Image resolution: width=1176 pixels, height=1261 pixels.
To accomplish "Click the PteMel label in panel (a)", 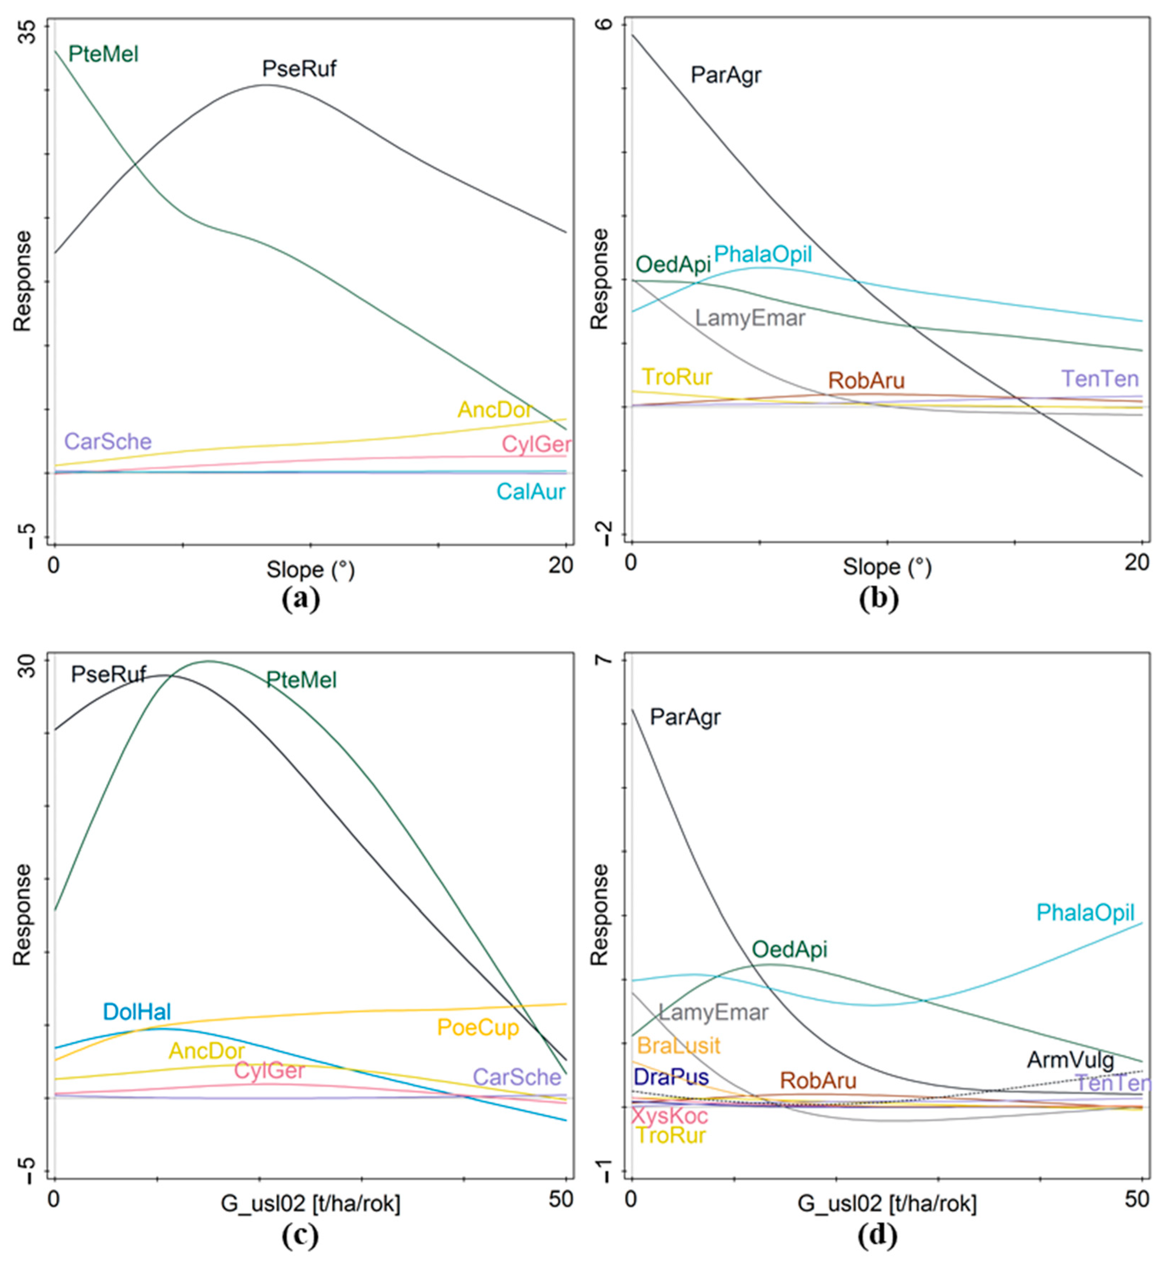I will (103, 54).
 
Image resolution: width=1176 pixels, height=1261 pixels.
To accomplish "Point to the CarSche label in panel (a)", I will (108, 442).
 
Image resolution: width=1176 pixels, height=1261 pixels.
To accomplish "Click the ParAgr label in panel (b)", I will (726, 75).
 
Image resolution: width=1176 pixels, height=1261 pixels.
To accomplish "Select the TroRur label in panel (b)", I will (677, 377).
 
